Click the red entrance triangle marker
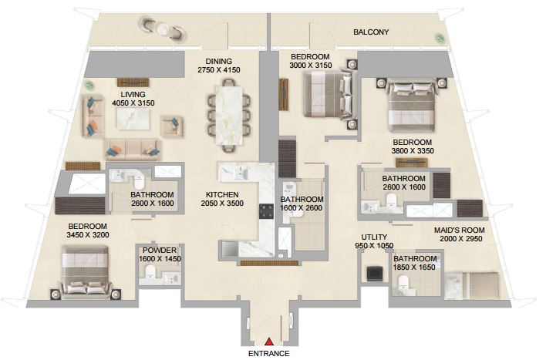point(269,341)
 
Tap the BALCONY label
point(371,32)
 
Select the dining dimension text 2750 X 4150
point(219,70)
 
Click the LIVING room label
point(133,94)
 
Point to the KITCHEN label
point(222,194)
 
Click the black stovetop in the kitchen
point(266,212)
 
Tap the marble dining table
point(229,115)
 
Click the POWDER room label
point(160,251)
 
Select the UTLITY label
point(374,237)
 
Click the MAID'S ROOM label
point(460,230)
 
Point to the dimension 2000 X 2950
point(460,239)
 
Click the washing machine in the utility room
point(375,274)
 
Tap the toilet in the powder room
point(150,272)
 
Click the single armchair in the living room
point(172,126)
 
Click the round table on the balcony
point(162,29)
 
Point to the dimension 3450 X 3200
point(88,235)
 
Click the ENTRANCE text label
point(269,353)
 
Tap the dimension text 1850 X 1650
point(414,267)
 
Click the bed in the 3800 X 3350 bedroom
point(412,106)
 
